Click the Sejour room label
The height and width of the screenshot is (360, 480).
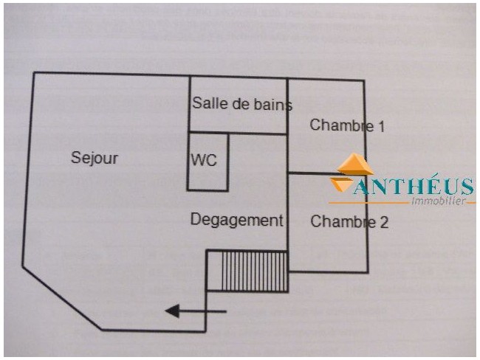pos(95,159)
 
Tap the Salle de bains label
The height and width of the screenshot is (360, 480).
pos(242,103)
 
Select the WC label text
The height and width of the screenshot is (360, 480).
pos(204,160)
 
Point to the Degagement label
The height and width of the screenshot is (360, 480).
pos(236,221)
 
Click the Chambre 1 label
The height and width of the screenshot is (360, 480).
pos(347,125)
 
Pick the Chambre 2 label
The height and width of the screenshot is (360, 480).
pos(349,221)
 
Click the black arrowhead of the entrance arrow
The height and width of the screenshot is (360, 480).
pos(172,311)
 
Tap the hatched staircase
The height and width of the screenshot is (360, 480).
pos(255,271)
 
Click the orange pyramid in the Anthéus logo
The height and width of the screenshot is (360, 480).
pos(355,164)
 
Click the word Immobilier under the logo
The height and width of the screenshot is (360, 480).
pos(439,201)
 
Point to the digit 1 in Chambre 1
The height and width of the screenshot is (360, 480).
pos(381,126)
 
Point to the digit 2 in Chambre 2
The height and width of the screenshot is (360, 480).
pos(384,222)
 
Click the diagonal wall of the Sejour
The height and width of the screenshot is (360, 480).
pos(62,298)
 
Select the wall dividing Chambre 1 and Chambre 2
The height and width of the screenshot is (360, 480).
pos(319,174)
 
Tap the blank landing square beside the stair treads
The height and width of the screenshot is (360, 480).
pos(215,271)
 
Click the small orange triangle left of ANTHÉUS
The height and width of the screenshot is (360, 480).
pos(340,184)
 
